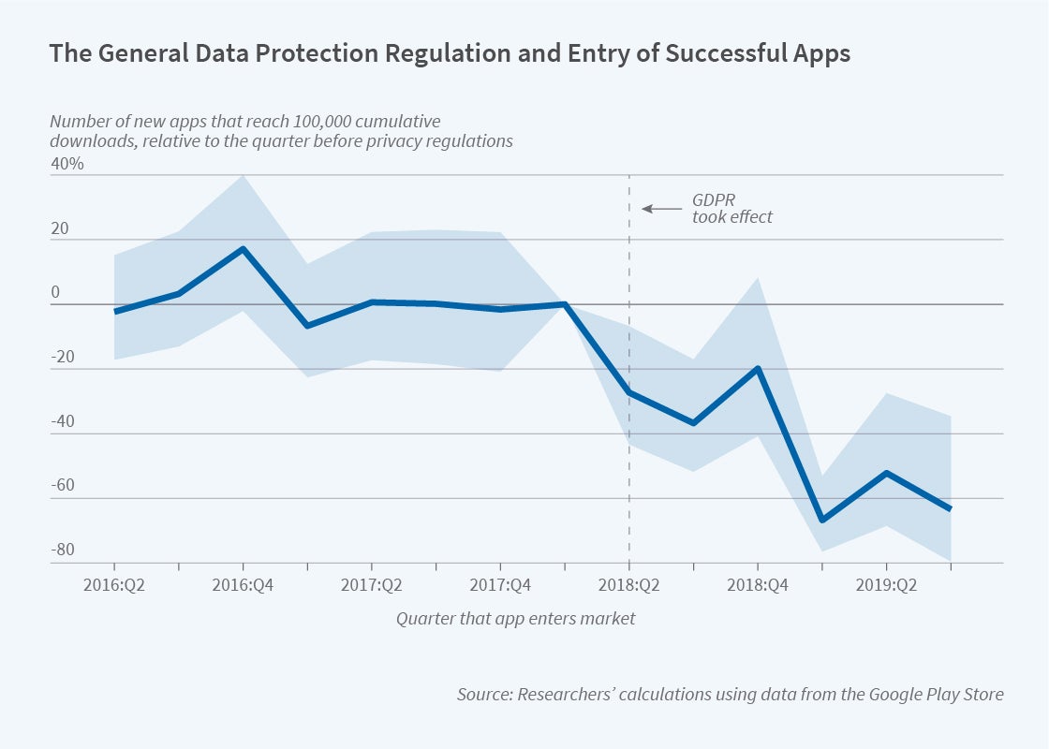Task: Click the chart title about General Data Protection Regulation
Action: (x=450, y=53)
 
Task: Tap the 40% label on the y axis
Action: (x=67, y=164)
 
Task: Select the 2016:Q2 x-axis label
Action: (x=114, y=585)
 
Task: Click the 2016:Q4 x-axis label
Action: (x=244, y=585)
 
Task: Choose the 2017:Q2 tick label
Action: (x=372, y=585)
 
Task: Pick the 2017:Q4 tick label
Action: (x=500, y=585)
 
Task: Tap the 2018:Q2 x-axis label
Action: (x=629, y=585)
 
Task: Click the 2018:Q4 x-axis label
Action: (x=758, y=585)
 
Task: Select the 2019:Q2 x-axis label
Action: (x=886, y=585)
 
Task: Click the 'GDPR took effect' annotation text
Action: (x=732, y=208)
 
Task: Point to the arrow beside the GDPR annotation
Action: (x=660, y=208)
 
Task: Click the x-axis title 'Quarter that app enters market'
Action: (x=515, y=618)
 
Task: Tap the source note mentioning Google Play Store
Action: (x=731, y=694)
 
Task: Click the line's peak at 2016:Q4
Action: (x=244, y=249)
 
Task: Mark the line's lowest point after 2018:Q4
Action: (x=822, y=520)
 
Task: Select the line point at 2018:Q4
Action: (x=758, y=368)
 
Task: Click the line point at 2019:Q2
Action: (x=886, y=473)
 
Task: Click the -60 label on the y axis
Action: (x=63, y=486)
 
